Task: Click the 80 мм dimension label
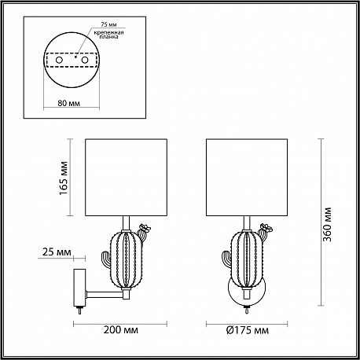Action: (69, 103)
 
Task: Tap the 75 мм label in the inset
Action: (108, 24)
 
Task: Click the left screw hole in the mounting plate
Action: (59, 60)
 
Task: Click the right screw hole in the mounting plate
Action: (84, 60)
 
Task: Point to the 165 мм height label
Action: (64, 178)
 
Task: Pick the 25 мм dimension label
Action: (57, 252)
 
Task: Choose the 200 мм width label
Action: (120, 330)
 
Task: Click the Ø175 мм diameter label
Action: (248, 330)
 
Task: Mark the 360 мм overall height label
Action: (327, 224)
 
